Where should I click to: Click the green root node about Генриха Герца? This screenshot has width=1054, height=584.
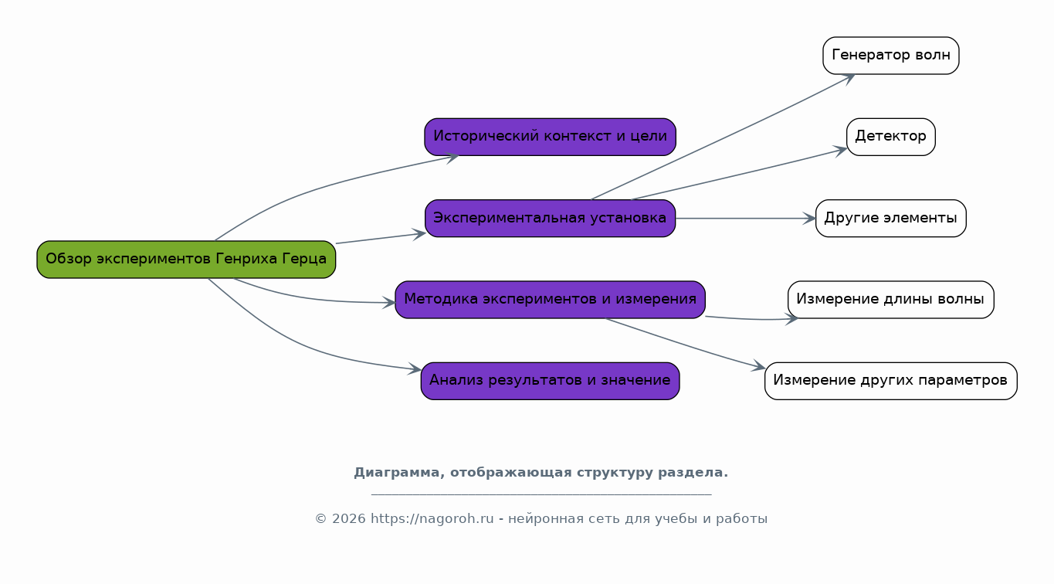[x=186, y=260]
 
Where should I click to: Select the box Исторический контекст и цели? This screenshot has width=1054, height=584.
[x=550, y=137]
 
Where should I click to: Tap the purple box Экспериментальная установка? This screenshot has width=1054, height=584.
[x=550, y=219]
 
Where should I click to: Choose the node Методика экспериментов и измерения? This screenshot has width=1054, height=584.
[x=550, y=300]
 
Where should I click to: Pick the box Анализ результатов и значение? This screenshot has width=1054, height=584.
[x=550, y=381]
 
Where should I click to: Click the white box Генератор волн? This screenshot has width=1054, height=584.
[x=890, y=56]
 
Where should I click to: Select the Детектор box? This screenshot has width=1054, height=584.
[x=890, y=137]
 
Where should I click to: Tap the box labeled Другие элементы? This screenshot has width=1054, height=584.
[x=890, y=219]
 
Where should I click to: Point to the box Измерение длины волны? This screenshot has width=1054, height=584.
[x=890, y=300]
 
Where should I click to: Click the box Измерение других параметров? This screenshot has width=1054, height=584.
[x=890, y=381]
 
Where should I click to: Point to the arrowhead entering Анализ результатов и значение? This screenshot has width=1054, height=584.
[x=415, y=370]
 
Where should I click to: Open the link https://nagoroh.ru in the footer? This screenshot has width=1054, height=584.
[x=432, y=519]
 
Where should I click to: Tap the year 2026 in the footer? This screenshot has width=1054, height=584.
[x=349, y=519]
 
